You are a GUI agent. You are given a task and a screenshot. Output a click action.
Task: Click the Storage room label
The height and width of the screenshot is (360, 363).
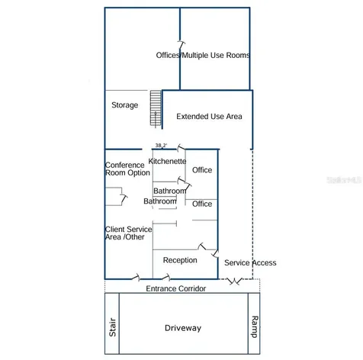pos(125,105)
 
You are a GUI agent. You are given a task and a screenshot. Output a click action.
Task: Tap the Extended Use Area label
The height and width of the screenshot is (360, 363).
pos(209,117)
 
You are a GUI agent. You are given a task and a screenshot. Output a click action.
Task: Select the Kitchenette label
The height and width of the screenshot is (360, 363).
pos(167,161)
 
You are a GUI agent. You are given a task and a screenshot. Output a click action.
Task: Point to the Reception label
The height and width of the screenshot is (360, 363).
pos(180,260)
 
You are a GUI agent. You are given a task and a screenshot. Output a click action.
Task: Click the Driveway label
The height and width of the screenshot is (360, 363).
pos(183,328)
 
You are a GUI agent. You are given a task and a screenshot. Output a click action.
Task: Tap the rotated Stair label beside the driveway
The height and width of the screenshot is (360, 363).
pos(112,327)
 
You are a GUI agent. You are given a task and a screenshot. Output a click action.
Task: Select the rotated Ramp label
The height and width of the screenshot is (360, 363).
pos(255,326)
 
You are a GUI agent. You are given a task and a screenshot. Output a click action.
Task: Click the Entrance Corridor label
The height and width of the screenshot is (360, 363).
pos(176,288)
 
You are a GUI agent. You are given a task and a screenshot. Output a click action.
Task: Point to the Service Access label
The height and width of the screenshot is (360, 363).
pos(250,262)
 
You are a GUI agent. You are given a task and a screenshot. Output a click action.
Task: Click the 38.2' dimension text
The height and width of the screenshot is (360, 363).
pos(161,146)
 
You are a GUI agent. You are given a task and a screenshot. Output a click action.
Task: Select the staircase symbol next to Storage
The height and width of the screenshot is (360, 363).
pos(156,108)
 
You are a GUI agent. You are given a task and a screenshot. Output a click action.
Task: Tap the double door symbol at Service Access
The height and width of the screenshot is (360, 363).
pos(235,281)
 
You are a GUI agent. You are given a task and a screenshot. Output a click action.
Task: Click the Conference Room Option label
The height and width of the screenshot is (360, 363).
pos(127,169)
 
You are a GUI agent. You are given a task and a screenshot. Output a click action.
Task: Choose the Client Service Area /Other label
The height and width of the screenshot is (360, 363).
pos(129,233)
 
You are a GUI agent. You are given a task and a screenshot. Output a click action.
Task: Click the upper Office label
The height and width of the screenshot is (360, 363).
pos(202,170)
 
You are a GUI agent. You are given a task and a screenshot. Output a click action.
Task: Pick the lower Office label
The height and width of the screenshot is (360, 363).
pos(202,204)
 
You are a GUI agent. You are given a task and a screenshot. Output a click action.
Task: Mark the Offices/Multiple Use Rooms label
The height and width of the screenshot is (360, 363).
pos(203,55)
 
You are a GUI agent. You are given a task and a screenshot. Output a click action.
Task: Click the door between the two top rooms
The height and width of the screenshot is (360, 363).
pos(181,45)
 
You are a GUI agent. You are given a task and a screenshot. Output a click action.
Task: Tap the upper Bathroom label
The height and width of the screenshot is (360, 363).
pos(170,191)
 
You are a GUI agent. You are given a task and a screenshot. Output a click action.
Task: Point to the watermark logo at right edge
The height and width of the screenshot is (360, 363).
pos(344,180)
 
